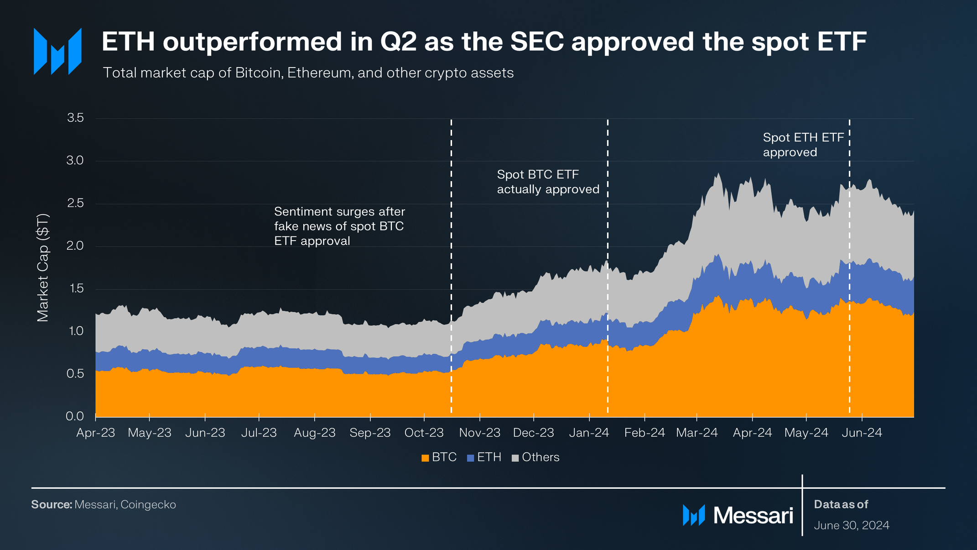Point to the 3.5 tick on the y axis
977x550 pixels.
tap(75, 118)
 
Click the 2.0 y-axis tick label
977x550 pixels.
tap(75, 246)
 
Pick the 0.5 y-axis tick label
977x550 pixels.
tap(75, 373)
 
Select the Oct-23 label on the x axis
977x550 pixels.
tap(424, 433)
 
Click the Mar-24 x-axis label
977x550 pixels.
tap(696, 433)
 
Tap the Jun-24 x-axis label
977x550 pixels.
tap(861, 433)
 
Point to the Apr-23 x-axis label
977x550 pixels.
tap(95, 433)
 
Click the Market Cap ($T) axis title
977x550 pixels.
tap(42, 267)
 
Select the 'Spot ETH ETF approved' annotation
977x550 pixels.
tap(803, 145)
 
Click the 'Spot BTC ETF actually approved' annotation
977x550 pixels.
tap(547, 182)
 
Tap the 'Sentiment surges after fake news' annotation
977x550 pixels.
tap(339, 226)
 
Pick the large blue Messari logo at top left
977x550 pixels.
tap(57, 51)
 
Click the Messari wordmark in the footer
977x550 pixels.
tap(753, 515)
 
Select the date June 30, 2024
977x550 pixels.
tap(851, 525)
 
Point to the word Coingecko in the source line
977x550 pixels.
tap(148, 504)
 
